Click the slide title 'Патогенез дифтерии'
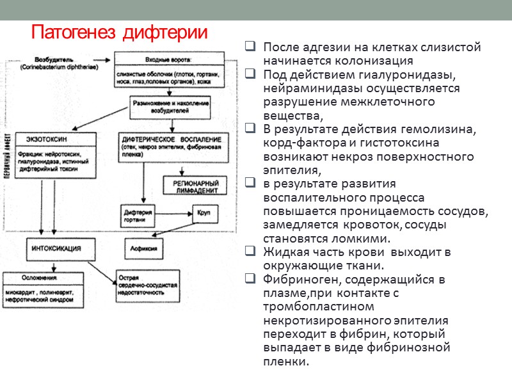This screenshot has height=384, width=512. point(120,32)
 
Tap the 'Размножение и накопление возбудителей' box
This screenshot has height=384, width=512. point(170,107)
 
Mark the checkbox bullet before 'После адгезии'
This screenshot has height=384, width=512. point(250,47)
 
